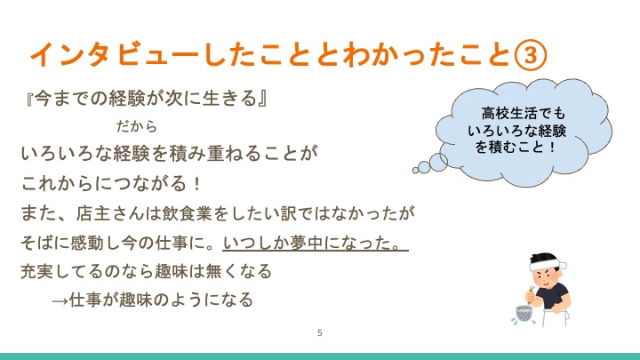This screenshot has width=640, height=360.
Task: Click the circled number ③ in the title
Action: pyautogui.click(x=530, y=54)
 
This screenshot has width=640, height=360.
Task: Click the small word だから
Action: pyautogui.click(x=136, y=126)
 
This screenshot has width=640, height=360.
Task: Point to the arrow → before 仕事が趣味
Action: pyautogui.click(x=60, y=301)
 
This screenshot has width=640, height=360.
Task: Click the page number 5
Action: pyautogui.click(x=320, y=333)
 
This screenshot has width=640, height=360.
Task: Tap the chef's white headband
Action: pyautogui.click(x=546, y=263)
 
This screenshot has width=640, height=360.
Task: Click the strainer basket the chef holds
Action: pyautogui.click(x=524, y=314)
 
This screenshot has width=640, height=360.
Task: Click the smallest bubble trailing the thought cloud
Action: pyautogui.click(x=415, y=170)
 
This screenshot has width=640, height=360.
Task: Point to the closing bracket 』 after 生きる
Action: pyautogui.click(x=263, y=99)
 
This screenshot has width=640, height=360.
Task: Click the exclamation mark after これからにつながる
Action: pyautogui.click(x=197, y=184)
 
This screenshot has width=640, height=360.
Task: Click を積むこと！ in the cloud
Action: pyautogui.click(x=516, y=147)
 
